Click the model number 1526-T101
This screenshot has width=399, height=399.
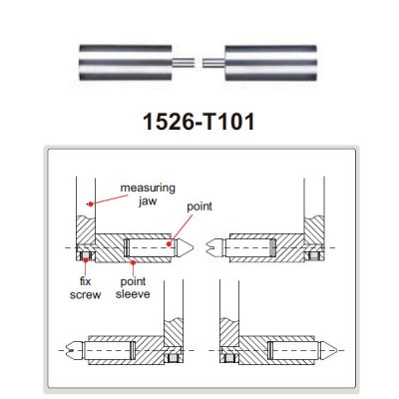(x=199, y=122)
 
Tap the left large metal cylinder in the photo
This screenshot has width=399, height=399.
(x=126, y=63)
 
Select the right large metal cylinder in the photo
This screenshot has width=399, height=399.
(x=270, y=63)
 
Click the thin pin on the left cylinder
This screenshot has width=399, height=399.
(x=184, y=63)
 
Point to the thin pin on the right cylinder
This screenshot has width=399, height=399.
(x=213, y=63)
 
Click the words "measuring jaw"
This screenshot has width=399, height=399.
(x=148, y=195)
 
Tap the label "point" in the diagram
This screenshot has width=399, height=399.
(x=199, y=206)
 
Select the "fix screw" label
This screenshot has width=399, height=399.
(x=85, y=288)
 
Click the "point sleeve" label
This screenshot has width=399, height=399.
(x=133, y=288)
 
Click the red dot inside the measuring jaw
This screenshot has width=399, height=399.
(x=90, y=204)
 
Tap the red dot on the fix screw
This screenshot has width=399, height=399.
(x=86, y=259)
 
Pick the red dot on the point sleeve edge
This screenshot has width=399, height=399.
(x=133, y=262)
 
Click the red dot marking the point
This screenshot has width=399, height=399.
(x=170, y=244)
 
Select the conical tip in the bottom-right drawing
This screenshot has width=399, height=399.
(x=327, y=350)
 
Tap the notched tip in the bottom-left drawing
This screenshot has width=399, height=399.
(x=76, y=351)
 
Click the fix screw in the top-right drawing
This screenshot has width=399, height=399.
(x=313, y=256)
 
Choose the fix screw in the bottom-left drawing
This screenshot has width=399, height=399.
(x=173, y=358)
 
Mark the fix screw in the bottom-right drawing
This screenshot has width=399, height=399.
(x=229, y=358)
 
